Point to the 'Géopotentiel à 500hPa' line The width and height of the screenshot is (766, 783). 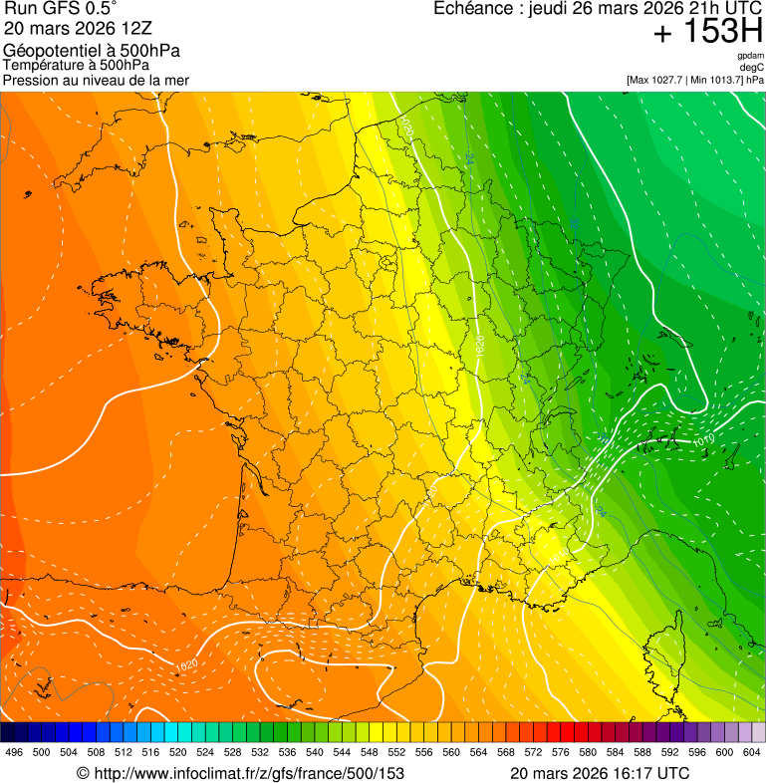tap(92, 51)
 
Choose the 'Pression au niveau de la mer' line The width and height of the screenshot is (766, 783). tap(96, 80)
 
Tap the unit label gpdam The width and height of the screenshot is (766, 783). tap(750, 56)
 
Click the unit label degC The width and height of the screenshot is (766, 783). tap(752, 67)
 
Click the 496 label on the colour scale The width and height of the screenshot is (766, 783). tap(14, 752)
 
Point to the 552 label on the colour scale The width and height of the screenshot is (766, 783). tap(396, 752)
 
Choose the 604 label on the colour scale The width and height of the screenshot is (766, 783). tap(752, 752)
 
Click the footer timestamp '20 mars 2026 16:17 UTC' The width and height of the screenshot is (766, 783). tap(599, 773)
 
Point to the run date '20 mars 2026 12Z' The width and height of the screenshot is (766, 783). tap(78, 28)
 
